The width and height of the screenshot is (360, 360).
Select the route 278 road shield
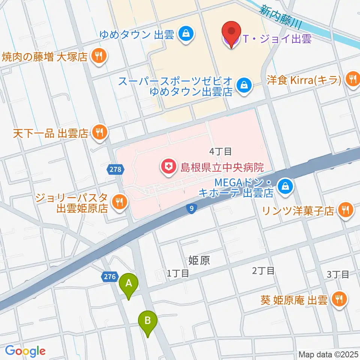pos(116,169)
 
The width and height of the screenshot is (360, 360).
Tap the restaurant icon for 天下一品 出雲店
pos(99,132)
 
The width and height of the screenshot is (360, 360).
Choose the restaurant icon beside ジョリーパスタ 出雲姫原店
pos(119,202)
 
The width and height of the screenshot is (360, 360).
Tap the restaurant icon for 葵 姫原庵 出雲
pos(340,299)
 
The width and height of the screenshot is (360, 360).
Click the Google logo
pos(25,350)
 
